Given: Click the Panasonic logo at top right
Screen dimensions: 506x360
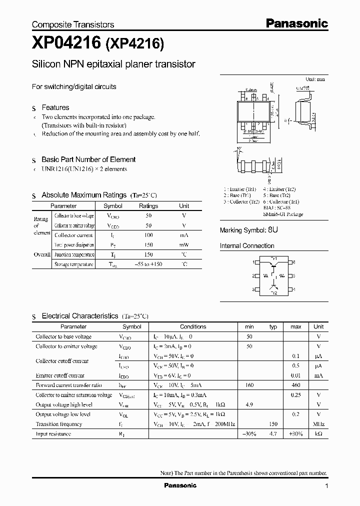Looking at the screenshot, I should [x=296, y=23].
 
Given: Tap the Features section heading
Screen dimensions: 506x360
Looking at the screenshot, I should [x=55, y=107].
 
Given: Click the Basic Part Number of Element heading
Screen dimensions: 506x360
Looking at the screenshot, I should [x=88, y=159].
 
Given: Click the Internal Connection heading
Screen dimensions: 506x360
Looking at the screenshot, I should [x=247, y=246].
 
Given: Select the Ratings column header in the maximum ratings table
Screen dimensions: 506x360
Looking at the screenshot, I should [x=148, y=206].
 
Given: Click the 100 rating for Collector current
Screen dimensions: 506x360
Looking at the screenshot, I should [x=148, y=235].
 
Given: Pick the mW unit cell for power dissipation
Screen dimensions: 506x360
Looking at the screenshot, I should [x=184, y=245].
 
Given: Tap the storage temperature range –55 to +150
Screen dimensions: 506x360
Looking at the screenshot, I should [x=148, y=264].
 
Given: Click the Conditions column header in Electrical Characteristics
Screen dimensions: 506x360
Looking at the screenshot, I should [x=193, y=326].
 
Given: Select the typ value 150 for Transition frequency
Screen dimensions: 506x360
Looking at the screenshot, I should [x=273, y=424].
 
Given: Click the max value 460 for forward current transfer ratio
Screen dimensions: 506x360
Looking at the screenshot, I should [x=296, y=385].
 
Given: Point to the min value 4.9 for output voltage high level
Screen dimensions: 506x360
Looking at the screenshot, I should [x=249, y=404].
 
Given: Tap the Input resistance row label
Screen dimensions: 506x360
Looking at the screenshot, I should [x=53, y=434].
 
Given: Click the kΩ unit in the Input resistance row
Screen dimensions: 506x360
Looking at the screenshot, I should [x=318, y=434].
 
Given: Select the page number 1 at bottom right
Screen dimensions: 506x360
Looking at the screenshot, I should [x=326, y=486].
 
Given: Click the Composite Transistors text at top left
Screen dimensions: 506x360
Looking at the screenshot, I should [x=73, y=24].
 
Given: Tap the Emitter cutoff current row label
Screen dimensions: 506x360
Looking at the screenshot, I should [x=60, y=375].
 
